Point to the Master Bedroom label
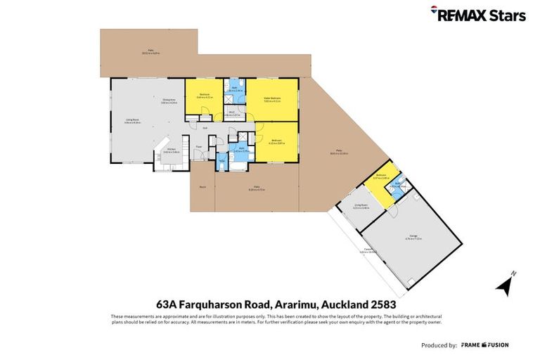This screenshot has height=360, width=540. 272,98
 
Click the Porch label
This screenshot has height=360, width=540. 202,187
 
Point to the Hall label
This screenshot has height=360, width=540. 205,127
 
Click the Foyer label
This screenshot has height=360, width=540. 200,146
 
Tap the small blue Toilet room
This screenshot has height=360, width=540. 221,160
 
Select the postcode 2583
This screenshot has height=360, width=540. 385,304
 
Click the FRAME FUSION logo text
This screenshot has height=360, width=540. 485,345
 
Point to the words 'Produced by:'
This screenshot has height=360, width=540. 439,345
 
